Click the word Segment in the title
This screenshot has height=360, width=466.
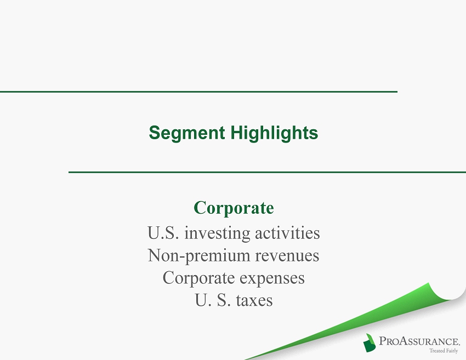[x=186, y=133]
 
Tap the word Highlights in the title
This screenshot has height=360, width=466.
[x=274, y=133]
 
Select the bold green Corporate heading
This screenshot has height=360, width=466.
[x=234, y=208]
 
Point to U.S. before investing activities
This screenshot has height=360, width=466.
[x=163, y=232]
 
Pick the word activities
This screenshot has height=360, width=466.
[x=287, y=232]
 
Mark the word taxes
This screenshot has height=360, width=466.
[x=254, y=300]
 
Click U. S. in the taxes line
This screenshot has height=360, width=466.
[x=213, y=300]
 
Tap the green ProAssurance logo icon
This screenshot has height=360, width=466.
[x=369, y=343]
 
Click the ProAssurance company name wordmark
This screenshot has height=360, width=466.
[x=419, y=341]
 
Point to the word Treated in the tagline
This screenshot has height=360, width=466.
[x=436, y=351]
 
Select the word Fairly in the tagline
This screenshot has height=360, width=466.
[x=451, y=351]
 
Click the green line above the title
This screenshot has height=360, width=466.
[x=198, y=92]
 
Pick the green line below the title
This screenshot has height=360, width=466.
[x=267, y=172]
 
